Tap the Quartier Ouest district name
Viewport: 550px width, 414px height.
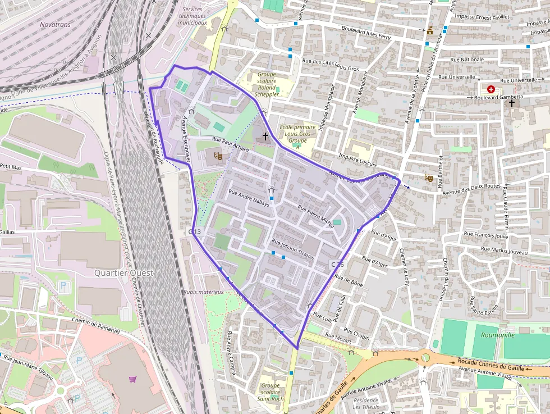[124, 273]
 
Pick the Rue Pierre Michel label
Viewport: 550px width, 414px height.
[315, 216]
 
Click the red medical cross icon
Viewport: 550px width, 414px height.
[492, 89]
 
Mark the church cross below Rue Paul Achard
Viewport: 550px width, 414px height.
[265, 136]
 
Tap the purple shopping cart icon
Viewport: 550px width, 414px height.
[132, 379]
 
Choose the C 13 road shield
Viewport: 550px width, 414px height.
[195, 231]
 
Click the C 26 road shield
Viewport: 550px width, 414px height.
[337, 264]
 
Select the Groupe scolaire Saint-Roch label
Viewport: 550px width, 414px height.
[270, 392]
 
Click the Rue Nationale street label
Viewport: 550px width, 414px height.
[466, 59]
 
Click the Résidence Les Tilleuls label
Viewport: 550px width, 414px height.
[365, 403]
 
